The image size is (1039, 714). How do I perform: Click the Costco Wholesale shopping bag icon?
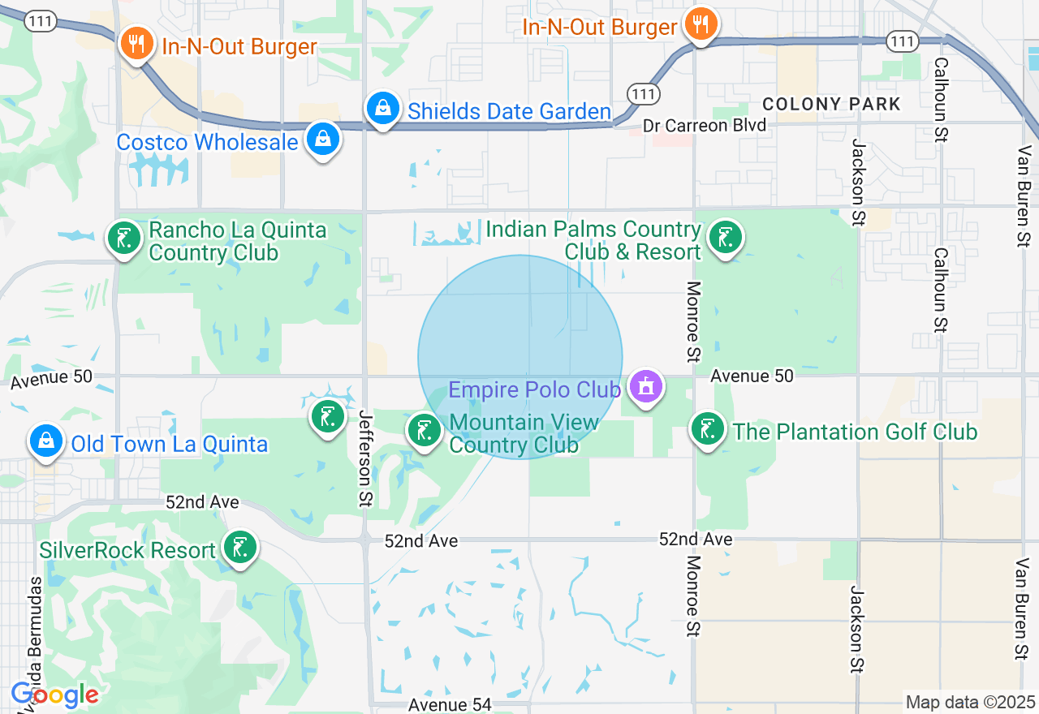pos(323,139)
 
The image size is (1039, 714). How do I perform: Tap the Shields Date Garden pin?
pos(382,108)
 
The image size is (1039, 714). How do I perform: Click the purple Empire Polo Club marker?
pos(645,387)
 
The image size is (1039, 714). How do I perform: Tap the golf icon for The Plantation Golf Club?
pos(707,428)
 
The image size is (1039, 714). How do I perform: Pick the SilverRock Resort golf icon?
pos(239,548)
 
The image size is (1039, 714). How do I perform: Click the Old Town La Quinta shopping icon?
pos(45,441)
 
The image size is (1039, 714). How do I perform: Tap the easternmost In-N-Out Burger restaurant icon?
pos(698,24)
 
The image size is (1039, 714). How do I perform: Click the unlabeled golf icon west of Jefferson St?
pos(327,417)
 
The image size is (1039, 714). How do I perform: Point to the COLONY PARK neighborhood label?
pos(832,104)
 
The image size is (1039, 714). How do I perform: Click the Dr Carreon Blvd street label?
pos(705,126)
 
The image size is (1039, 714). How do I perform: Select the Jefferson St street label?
pos(364,458)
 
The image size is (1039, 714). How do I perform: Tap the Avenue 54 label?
pos(450,704)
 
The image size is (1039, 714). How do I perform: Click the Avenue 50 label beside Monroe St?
pos(752,376)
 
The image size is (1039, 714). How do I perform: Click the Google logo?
pos(54,695)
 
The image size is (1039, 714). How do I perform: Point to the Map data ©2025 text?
pos(970,702)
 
